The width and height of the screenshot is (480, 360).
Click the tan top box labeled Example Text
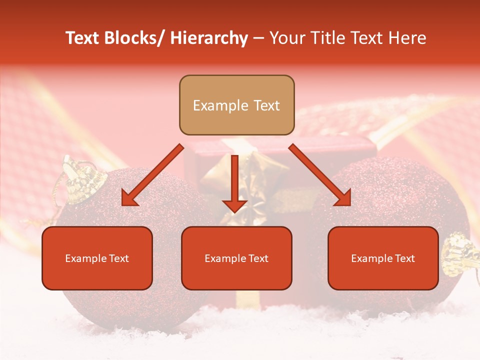pyautogui.click(x=236, y=105)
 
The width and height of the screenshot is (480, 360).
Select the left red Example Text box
pyautogui.click(x=97, y=258)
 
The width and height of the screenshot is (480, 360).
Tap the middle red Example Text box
pyautogui.click(x=236, y=258)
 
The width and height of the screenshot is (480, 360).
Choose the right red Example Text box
pyautogui.click(x=383, y=258)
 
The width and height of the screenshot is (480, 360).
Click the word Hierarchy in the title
pyautogui.click(x=209, y=38)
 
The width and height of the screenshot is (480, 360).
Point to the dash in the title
pyautogui.click(x=258, y=38)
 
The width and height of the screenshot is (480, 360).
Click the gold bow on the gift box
pyautogui.click(x=245, y=175)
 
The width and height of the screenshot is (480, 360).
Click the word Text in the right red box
pyautogui.click(x=404, y=258)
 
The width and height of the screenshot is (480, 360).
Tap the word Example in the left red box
pyautogui.click(x=85, y=258)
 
